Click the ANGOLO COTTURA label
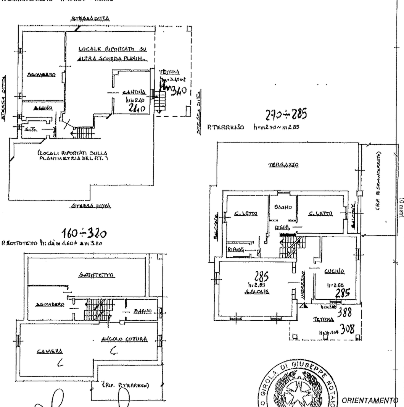pyautogui.click(x=124, y=339)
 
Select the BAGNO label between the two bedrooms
pyautogui.click(x=283, y=208)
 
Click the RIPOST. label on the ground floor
pyautogui.click(x=233, y=249)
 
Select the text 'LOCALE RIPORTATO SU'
pyautogui.click(x=107, y=48)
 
